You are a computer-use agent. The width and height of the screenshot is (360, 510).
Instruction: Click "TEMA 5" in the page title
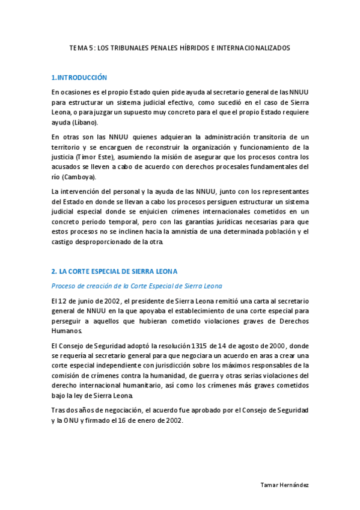81,47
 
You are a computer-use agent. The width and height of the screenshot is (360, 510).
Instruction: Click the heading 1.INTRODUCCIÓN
79,78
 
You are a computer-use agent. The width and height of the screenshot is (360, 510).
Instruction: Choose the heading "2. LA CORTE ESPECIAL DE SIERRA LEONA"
114,271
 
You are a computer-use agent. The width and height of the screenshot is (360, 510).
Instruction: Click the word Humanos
67,331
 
